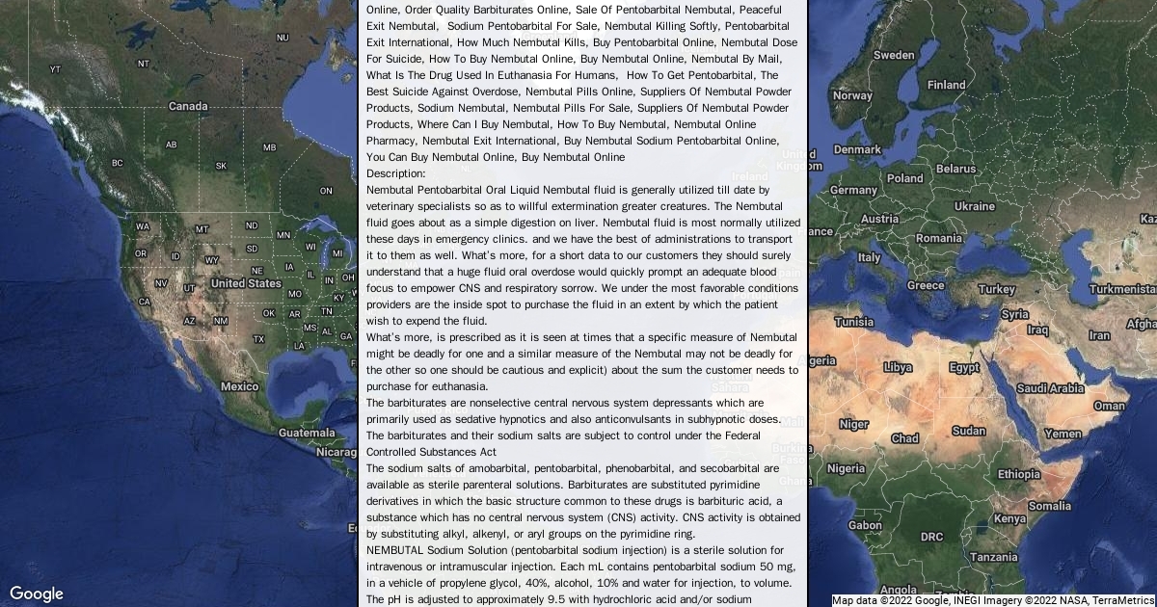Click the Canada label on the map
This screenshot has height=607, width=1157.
coord(188,106)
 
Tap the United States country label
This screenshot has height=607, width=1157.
coord(246,283)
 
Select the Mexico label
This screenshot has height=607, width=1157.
coord(239,386)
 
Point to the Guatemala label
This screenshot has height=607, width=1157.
coord(307,433)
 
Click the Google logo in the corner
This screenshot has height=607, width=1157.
coord(37,594)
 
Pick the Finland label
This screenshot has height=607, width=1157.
coord(946,85)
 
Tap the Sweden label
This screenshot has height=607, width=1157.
coord(893,55)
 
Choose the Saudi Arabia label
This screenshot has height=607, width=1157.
coord(1050,388)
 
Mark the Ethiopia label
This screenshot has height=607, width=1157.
coord(1018,474)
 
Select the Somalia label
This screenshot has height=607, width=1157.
coord(1049,506)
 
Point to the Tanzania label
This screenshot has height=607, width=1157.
coord(993,557)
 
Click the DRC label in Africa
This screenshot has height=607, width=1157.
coord(931,537)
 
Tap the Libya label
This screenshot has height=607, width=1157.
coord(898,367)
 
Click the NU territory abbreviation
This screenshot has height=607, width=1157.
coord(283,38)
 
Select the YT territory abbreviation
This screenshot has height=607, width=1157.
coord(55,69)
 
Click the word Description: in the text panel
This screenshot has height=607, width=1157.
coord(396,173)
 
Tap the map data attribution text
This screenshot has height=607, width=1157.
coord(993,599)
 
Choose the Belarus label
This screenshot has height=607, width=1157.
coord(955,169)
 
